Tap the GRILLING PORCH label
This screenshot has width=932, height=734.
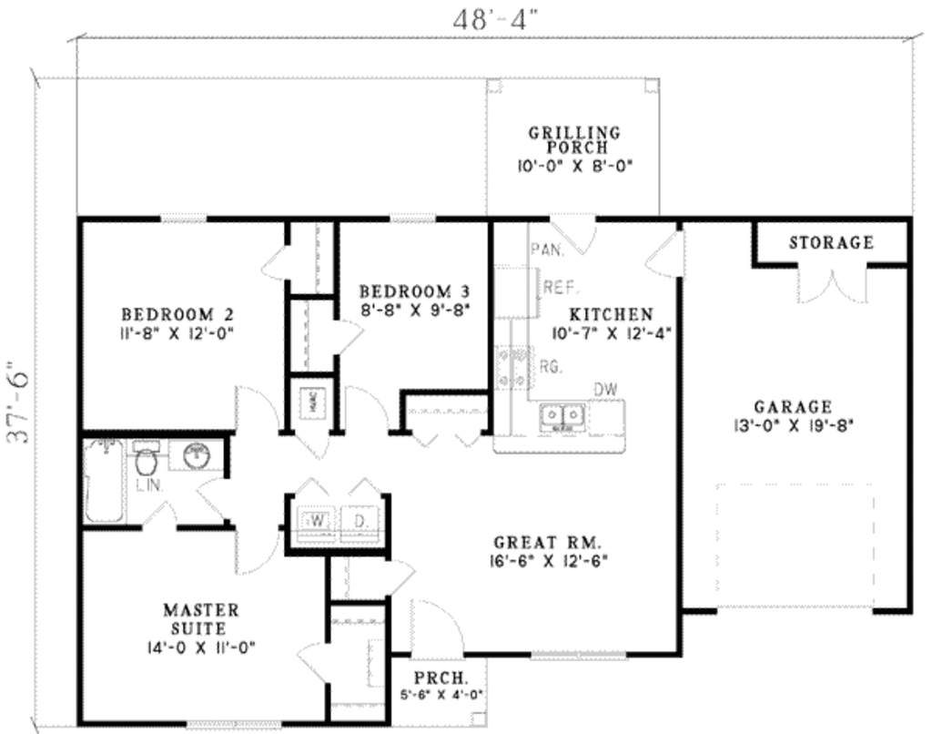point(574,139)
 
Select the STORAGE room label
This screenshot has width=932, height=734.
point(831,243)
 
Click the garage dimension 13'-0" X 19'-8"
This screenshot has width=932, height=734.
point(792,424)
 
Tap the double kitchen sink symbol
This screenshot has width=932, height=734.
point(562,417)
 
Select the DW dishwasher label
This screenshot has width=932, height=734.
point(606,390)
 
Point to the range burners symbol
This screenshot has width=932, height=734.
point(512,367)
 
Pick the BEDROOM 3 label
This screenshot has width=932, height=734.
point(414,291)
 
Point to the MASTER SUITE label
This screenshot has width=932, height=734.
point(201,618)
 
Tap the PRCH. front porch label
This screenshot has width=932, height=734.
point(441,678)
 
